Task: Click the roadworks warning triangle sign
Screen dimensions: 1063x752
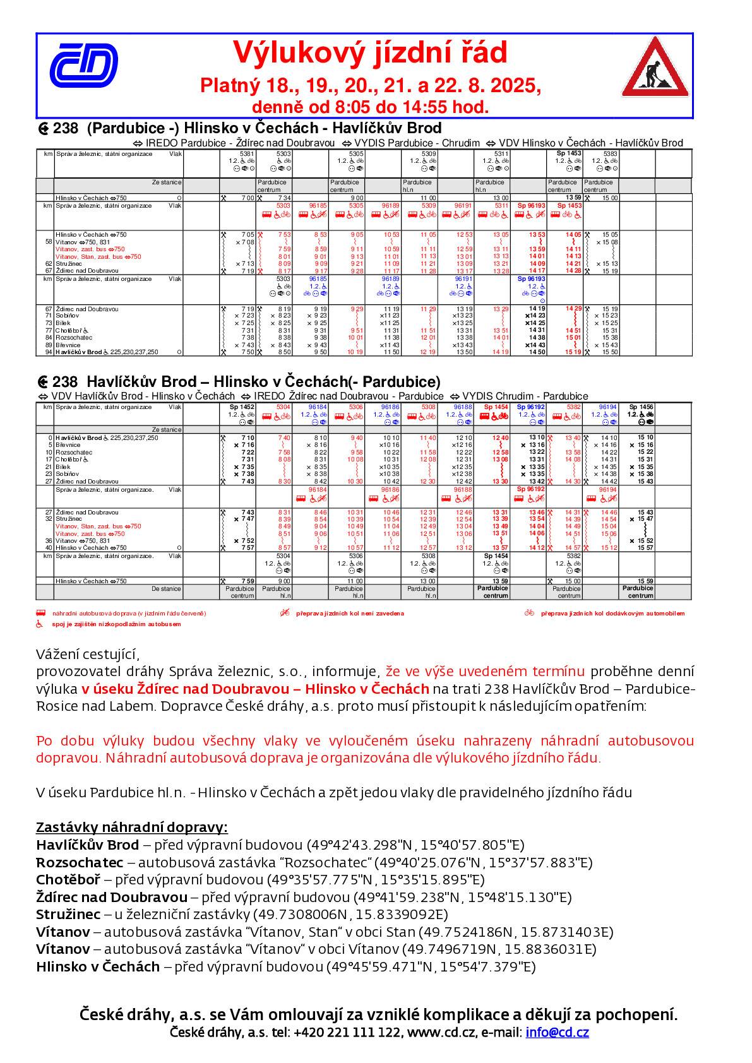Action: [x=654, y=68]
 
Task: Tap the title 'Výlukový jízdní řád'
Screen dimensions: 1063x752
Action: [x=370, y=53]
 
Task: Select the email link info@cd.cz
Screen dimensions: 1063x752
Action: [x=557, y=1033]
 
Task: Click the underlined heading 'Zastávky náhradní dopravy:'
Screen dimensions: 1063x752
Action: [x=131, y=828]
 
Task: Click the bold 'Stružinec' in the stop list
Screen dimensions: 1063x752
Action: [x=68, y=915]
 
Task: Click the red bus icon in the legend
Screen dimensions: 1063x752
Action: [x=41, y=612]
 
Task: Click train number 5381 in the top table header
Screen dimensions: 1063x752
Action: [x=248, y=153]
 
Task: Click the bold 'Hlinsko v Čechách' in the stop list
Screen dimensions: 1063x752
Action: [x=98, y=966]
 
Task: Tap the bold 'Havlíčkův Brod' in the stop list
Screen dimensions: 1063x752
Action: [x=87, y=845]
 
